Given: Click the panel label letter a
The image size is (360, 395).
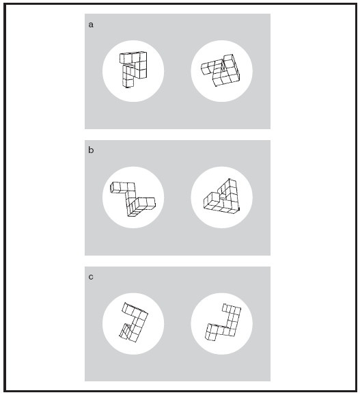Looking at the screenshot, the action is coord(91,25).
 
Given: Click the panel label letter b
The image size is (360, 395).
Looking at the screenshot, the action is coord(91,150).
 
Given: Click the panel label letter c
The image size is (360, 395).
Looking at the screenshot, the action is coord(91,277).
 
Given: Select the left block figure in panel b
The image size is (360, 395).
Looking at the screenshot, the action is coord(132,199).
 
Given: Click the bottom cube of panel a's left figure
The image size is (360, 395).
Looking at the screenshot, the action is coord(128,83).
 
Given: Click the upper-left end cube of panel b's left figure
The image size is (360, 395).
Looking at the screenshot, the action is coord(115,188).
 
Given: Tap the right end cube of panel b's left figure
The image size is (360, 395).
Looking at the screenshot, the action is coord(150,204).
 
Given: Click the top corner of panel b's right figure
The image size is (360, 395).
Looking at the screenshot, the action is coord(229,179).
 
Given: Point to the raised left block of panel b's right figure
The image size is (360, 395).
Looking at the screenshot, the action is coord(212,199).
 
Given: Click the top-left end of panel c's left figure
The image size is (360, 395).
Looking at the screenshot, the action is coord(125,303).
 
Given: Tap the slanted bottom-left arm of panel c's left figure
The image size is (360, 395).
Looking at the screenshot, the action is coord(125,331).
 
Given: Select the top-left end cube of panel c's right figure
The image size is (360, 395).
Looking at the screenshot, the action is coord(226,308).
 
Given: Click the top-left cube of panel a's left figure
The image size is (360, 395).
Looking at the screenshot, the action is coord(124,59).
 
